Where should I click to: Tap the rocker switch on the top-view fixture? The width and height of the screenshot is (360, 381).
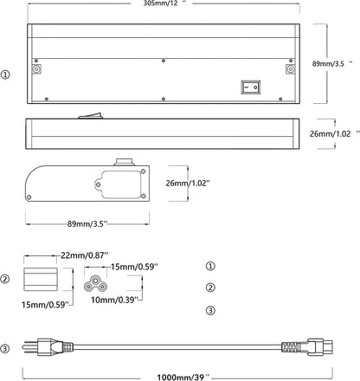[x=251, y=87]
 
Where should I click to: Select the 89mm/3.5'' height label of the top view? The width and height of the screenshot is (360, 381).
[x=332, y=64]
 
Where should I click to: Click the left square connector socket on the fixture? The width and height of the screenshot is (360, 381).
[x=36, y=69]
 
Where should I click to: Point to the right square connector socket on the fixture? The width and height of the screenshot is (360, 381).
[x=290, y=69]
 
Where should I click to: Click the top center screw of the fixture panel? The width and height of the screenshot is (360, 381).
[x=164, y=61]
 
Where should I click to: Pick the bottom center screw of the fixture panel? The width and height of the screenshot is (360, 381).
[x=164, y=99]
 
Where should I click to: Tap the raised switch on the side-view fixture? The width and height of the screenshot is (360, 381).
[x=91, y=115]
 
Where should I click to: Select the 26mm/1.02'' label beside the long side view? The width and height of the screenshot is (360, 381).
[x=331, y=134]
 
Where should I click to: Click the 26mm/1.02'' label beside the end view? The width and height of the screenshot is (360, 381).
[x=188, y=184]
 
